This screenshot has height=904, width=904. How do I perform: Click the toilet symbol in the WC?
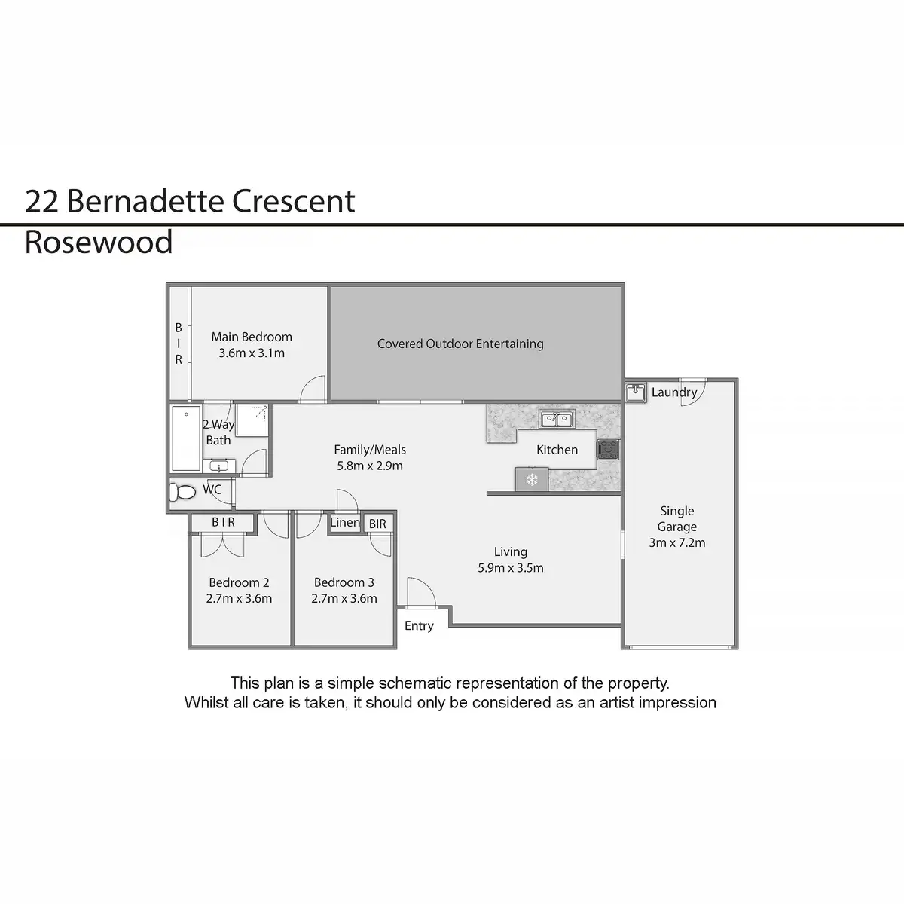pos(182,492)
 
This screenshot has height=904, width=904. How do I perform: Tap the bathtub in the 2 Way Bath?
pos(186,438)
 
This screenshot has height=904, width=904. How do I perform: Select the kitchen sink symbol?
pos(556,419)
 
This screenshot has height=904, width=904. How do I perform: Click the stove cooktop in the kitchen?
pos(608,450)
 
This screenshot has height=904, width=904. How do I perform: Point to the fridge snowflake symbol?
pos(532,480)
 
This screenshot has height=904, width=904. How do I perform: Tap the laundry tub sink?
pos(636,392)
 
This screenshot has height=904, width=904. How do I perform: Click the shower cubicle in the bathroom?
pos(252,419)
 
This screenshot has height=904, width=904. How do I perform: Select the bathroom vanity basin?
pos(218,466)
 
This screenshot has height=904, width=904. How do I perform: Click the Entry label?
pos(419,626)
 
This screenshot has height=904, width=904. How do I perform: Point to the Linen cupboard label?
pos(345,522)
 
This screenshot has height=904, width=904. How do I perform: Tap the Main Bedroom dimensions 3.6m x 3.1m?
pos(252,353)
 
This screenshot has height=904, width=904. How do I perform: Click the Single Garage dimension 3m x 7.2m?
pos(677,542)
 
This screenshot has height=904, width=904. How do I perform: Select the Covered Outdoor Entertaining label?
pos(460,344)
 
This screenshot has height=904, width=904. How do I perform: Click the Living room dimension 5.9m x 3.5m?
pos(511,568)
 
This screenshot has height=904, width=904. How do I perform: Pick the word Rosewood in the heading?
pos(99,243)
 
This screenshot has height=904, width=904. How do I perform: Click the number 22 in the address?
pos(41,201)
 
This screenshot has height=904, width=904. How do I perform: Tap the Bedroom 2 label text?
pos(240,582)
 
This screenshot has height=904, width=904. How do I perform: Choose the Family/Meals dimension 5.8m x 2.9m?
pos(370,466)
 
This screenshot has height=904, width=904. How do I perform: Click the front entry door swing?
pos(421,593)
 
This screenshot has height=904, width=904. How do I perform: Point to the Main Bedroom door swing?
pos(313,389)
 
